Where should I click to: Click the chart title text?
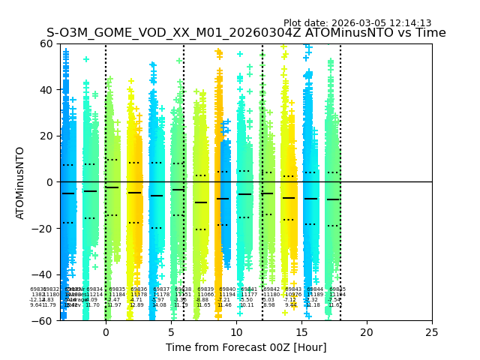(246, 33)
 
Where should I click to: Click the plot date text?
(357, 23)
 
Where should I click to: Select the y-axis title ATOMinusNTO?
(21, 182)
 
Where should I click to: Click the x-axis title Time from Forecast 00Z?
(246, 347)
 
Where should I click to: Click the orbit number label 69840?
(226, 289)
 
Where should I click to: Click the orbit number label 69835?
(117, 289)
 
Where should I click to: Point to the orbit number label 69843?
(293, 289)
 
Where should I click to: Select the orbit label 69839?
(205, 289)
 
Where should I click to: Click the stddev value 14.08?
(159, 305)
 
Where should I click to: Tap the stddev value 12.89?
(136, 305)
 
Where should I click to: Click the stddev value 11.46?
(224, 305)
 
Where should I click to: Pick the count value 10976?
(292, 295)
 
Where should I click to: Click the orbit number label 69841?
(249, 289)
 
